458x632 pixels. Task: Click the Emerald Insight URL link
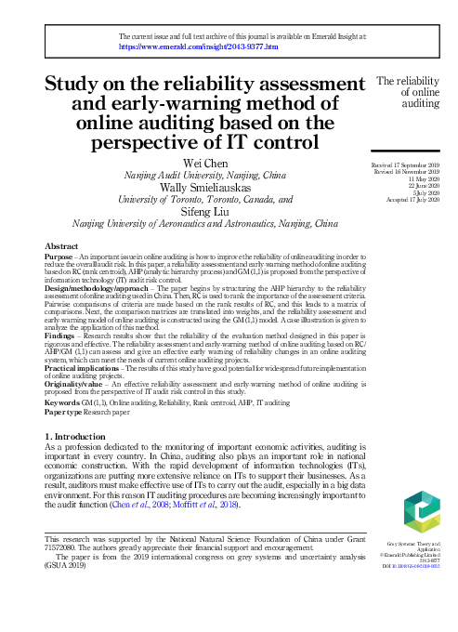click(199, 45)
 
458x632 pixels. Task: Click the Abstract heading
click(62, 245)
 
